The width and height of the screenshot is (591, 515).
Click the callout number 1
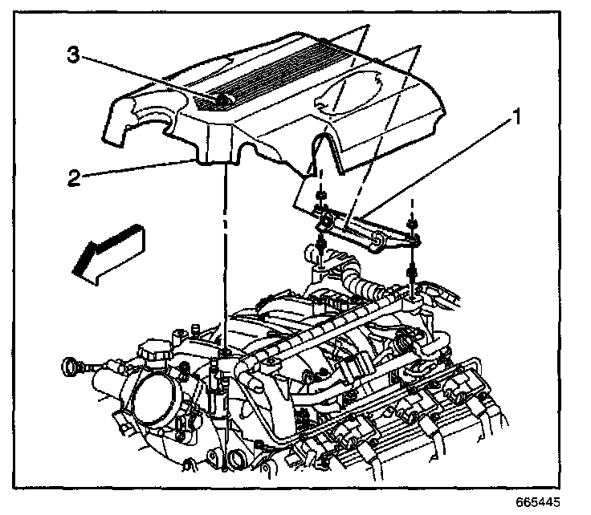[518, 120]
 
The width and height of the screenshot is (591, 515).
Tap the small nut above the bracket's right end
[411, 224]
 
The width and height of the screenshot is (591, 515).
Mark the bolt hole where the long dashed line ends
[228, 352]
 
